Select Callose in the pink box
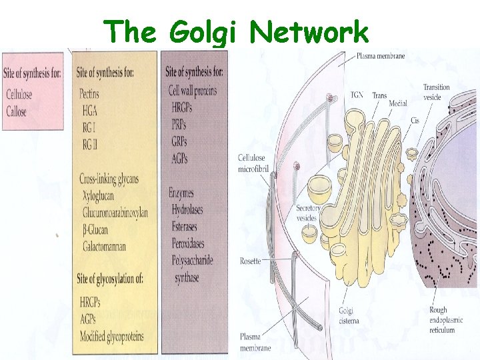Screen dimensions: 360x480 click(x=16, y=112)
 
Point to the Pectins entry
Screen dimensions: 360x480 click(x=89, y=94)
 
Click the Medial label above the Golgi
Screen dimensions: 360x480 click(x=398, y=103)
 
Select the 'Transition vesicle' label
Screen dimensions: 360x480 click(x=436, y=92)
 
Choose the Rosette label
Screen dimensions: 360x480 click(x=251, y=261)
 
